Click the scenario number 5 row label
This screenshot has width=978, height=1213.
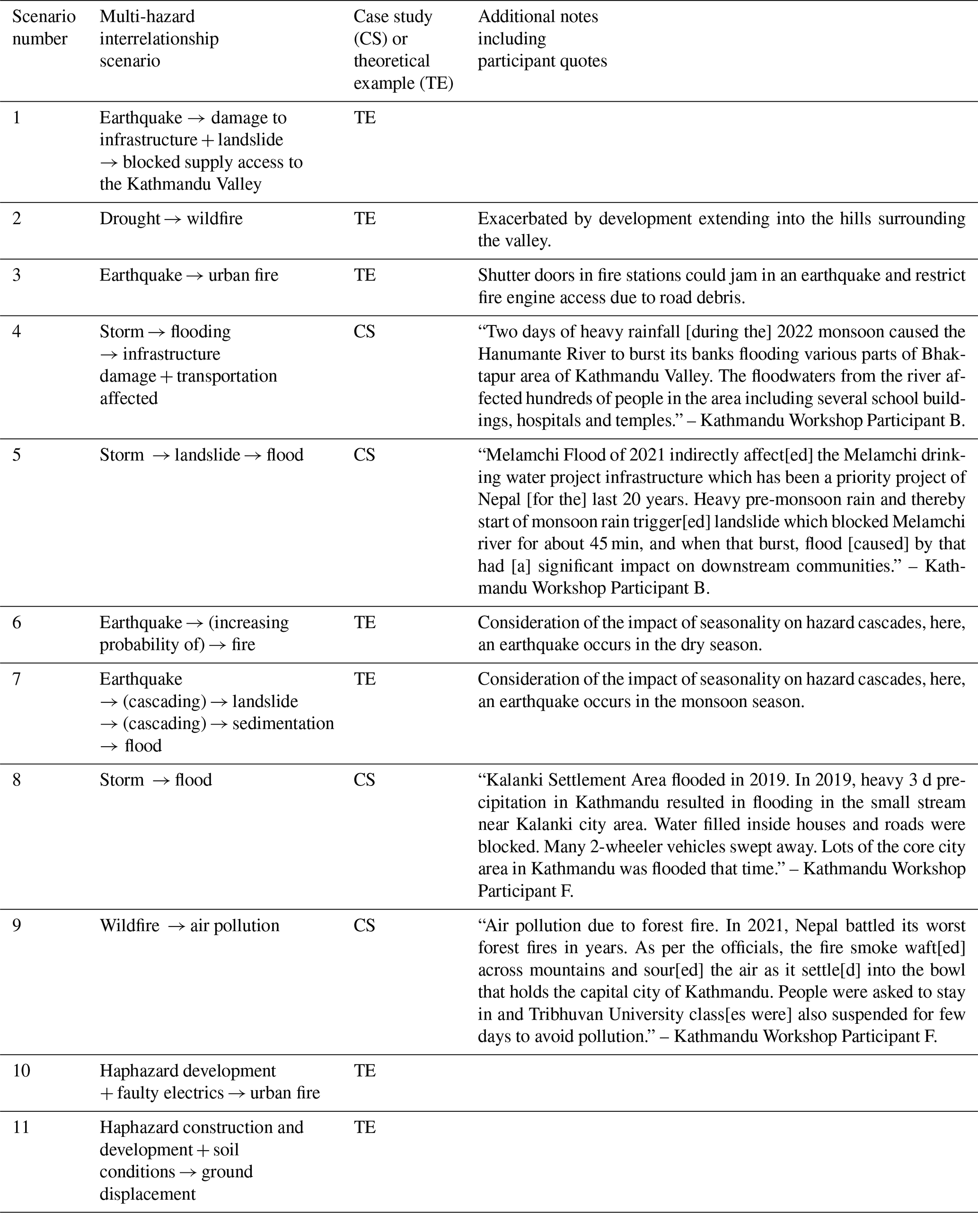pos(17,455)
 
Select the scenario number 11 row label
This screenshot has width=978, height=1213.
pos(21,1127)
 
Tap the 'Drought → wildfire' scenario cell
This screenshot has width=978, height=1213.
pos(171,218)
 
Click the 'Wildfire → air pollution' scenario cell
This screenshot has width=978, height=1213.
pos(189,926)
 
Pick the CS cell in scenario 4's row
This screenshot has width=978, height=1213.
pos(364,331)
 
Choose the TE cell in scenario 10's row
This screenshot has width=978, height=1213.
pos(364,1071)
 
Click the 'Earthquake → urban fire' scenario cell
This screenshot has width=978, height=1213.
pos(189,275)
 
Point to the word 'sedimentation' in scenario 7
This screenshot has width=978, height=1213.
pos(283,723)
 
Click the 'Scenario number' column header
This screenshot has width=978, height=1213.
pos(44,27)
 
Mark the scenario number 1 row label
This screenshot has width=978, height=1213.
pos(17,118)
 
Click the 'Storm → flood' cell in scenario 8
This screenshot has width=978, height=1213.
pos(156,780)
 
